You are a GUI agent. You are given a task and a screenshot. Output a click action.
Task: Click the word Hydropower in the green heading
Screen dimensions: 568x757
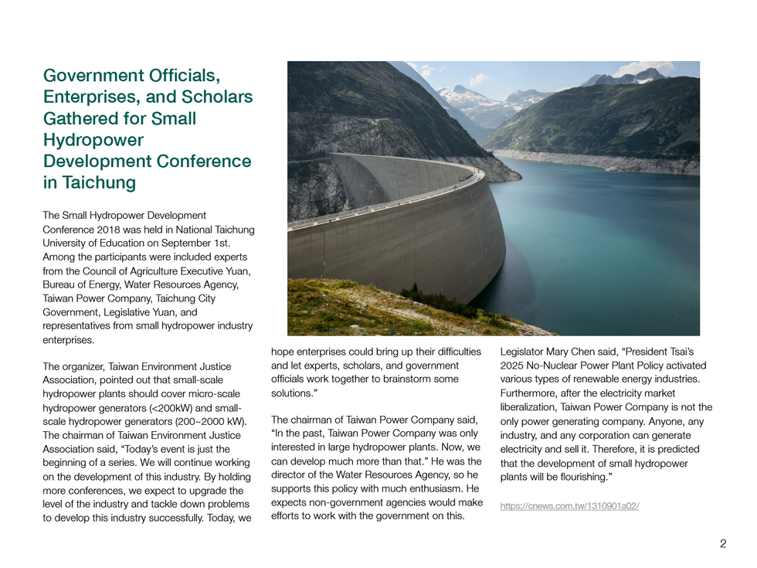coord(93,140)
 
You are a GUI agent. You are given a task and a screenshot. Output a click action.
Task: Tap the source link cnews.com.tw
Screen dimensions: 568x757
coord(569,506)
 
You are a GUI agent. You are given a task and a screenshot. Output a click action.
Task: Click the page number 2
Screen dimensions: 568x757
coord(722,543)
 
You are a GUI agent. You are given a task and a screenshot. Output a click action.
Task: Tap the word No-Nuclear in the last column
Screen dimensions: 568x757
coord(553,366)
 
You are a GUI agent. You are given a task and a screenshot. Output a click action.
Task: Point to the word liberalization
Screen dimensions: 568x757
coord(528,407)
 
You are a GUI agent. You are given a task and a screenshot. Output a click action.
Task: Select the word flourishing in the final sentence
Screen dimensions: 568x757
coord(575,477)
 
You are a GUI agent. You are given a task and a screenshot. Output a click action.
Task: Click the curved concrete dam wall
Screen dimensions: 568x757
coord(402,247)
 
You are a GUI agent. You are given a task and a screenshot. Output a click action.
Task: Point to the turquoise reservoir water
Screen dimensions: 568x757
coord(595,247)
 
